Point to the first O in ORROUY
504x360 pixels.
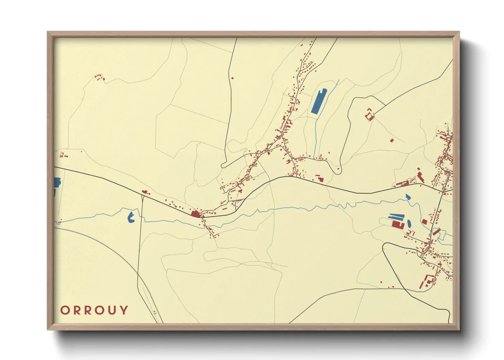[65, 310]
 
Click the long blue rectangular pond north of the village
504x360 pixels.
[319, 101]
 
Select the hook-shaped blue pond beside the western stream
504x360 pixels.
[131, 217]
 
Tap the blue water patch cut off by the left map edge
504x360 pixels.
[57, 183]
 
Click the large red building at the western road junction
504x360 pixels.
[195, 214]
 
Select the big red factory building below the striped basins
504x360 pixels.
[397, 224]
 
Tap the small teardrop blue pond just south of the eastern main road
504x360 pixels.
[408, 196]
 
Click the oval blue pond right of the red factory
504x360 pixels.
[409, 224]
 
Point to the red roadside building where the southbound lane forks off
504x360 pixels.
[145, 192]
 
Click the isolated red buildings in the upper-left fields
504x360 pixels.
[99, 78]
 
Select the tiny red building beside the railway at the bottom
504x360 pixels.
[155, 312]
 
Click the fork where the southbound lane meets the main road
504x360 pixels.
[142, 196]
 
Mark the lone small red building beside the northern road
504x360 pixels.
[233, 78]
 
